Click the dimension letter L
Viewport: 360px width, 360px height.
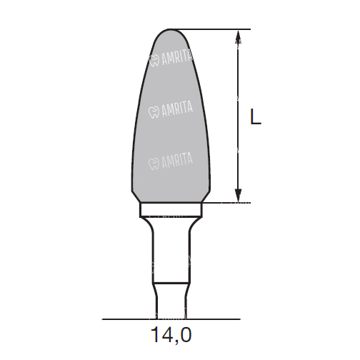256,116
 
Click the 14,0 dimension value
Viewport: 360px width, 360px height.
171,334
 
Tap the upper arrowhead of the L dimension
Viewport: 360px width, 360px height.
238,37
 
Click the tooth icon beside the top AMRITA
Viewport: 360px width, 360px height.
154,61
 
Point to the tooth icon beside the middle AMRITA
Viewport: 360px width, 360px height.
154,112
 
